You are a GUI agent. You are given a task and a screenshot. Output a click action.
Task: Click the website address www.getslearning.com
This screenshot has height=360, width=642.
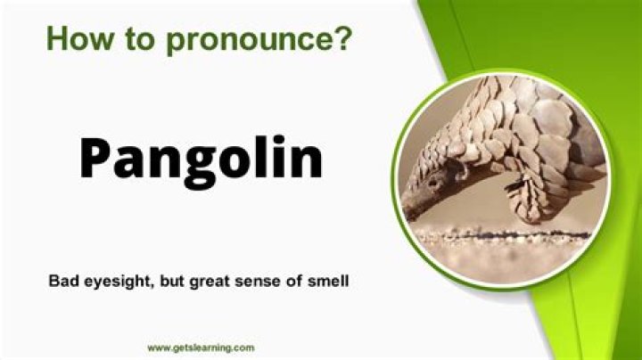coord(201,348)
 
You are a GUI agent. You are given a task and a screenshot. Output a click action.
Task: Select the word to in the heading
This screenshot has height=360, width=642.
coord(127,38)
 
